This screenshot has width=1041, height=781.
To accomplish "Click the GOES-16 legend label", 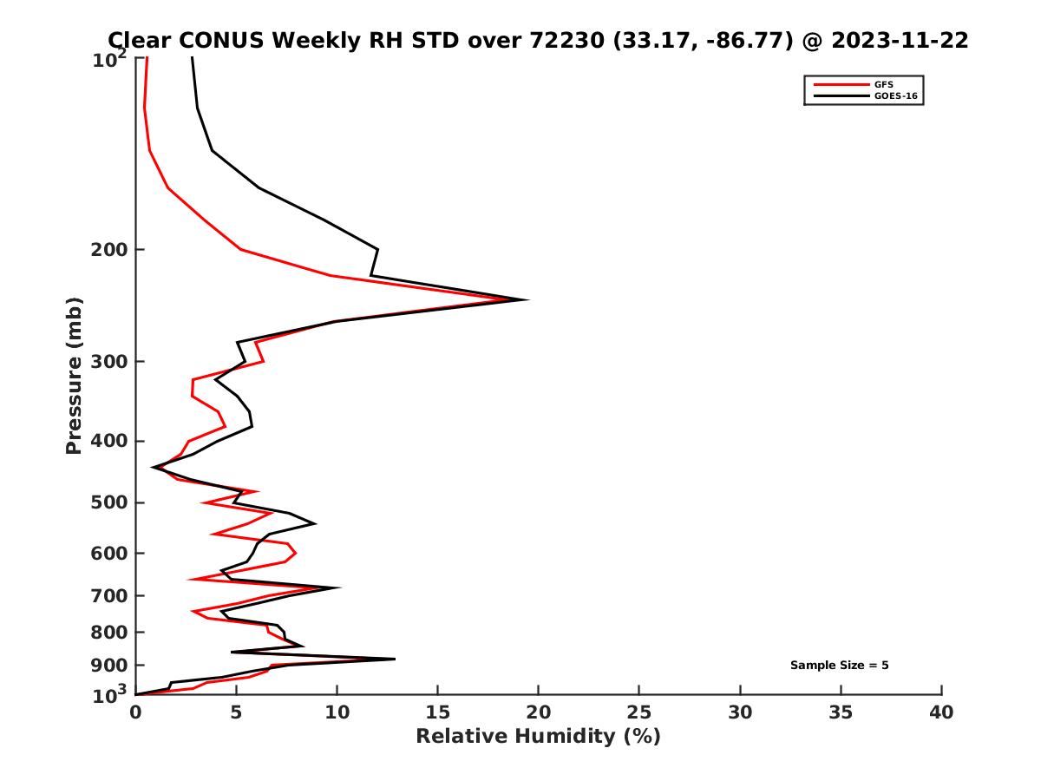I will pyautogui.click(x=895, y=95).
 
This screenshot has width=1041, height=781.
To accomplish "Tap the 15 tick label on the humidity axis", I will pyautogui.click(x=438, y=713).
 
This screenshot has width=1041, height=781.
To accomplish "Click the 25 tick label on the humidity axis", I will pyautogui.click(x=639, y=713).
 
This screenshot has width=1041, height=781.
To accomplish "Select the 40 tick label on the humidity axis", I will pyautogui.click(x=941, y=713).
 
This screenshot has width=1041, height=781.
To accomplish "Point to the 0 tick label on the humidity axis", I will pyautogui.click(x=136, y=713).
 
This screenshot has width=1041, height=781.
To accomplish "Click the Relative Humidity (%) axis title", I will pyautogui.click(x=538, y=737).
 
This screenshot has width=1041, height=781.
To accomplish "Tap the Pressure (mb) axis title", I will pyautogui.click(x=74, y=375).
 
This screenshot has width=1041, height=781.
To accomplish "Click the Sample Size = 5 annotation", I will pyautogui.click(x=839, y=666).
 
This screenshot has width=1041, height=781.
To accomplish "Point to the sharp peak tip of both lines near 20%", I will pyautogui.click(x=527, y=299).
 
